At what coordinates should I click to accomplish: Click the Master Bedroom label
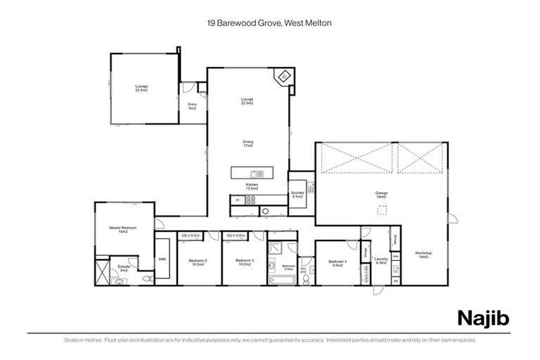coord(123,229)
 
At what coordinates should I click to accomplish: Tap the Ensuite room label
coord(123,267)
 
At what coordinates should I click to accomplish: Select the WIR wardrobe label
coord(162,259)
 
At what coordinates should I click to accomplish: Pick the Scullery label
coord(297,195)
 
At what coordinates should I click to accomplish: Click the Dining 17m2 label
coord(247,143)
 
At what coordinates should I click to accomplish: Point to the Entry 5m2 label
coord(192,106)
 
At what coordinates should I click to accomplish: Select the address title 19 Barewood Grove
coord(270,22)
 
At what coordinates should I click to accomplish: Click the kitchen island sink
coord(255,174)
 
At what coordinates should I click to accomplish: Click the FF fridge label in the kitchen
coord(237,201)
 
